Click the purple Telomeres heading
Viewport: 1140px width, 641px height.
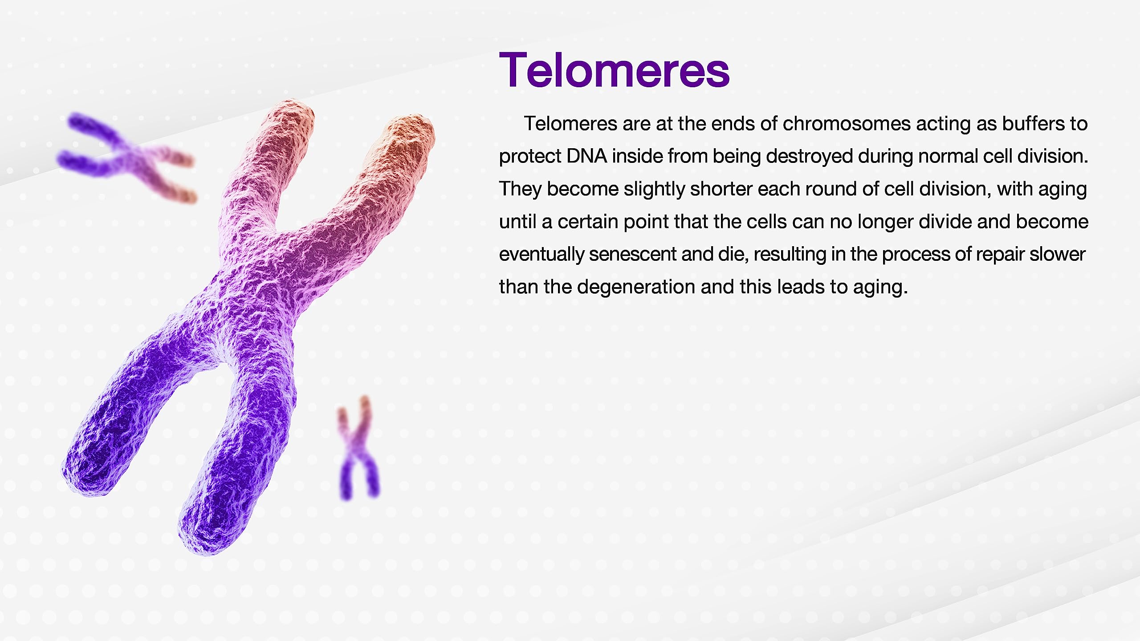tap(614, 70)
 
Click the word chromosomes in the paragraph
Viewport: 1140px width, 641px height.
tap(847, 124)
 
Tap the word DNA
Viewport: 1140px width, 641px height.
tap(586, 156)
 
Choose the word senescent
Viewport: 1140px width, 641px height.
tap(632, 254)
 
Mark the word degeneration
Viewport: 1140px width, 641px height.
tap(636, 287)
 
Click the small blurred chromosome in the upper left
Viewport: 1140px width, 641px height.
tap(127, 158)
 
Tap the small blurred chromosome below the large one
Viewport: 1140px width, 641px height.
tap(359, 448)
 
